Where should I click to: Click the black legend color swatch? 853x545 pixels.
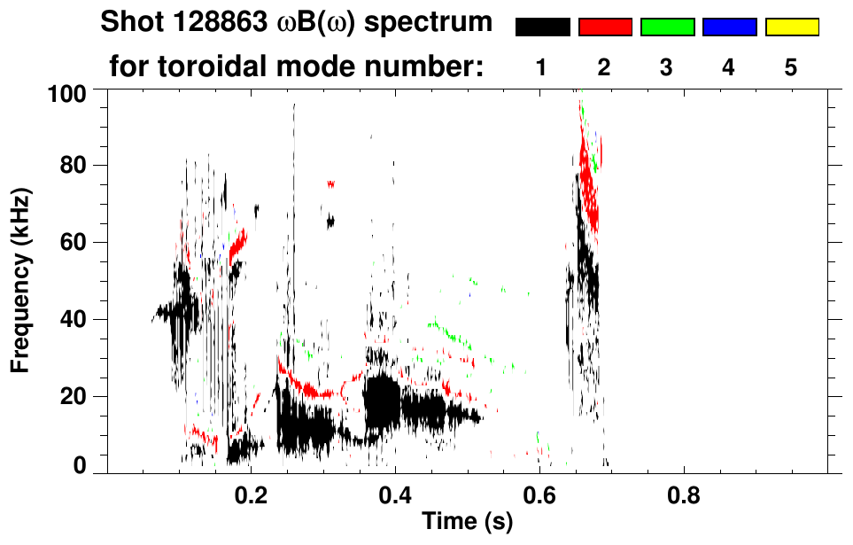point(542,27)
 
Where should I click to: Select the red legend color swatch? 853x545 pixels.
point(605,27)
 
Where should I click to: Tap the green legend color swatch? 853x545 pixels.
point(667,27)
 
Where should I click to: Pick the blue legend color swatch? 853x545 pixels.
point(729,27)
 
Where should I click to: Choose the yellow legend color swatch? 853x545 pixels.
point(792,27)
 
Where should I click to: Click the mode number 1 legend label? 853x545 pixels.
point(542,66)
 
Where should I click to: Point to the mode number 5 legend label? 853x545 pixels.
point(791,66)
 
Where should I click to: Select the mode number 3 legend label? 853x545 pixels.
point(667,66)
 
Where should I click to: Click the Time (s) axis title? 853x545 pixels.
point(466,522)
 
